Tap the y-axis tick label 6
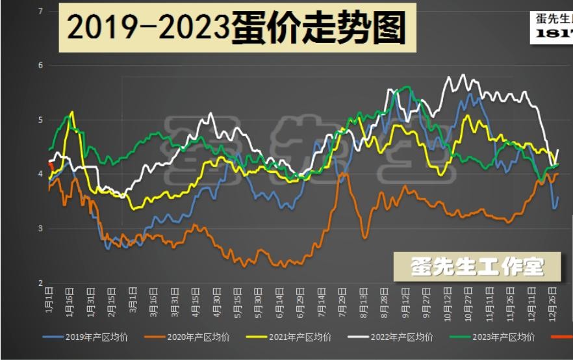(41, 65)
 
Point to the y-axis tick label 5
(41, 120)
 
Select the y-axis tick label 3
(41, 228)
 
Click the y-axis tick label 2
(41, 283)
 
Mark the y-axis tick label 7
(41, 11)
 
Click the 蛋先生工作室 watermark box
(478, 266)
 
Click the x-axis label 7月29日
(342, 300)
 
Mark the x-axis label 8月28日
(384, 300)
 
